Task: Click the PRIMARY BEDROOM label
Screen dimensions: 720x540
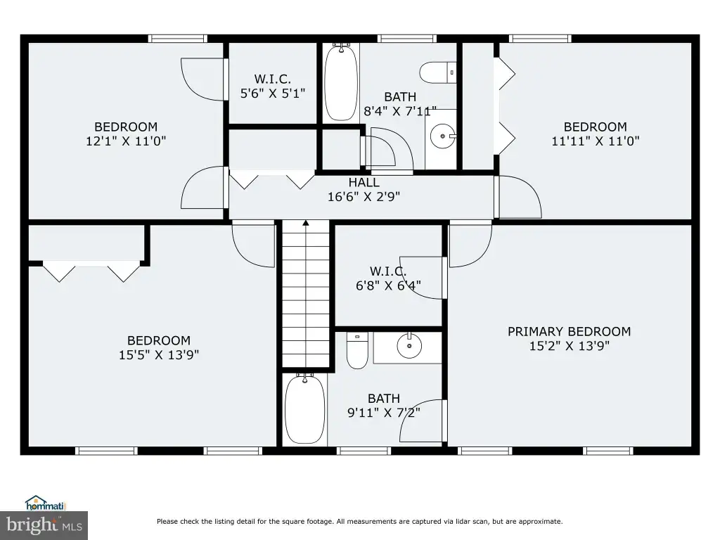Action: tap(569, 332)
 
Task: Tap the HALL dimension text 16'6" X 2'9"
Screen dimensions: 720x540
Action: tap(364, 197)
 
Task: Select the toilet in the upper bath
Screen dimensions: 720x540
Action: tap(438, 73)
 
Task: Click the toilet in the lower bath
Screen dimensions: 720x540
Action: tap(357, 351)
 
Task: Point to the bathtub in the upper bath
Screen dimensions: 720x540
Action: tap(341, 83)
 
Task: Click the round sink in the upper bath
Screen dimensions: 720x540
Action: tap(443, 136)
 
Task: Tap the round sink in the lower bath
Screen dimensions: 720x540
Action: tap(409, 346)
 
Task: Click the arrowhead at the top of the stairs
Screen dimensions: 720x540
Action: tap(306, 224)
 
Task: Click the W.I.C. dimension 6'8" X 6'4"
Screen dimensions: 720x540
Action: tap(388, 285)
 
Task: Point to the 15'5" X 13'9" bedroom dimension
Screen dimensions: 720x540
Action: tap(159, 355)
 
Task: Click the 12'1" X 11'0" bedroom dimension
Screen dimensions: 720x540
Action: tap(126, 141)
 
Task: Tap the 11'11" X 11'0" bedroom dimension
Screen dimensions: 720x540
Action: tap(595, 141)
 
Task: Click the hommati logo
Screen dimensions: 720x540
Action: tap(46, 503)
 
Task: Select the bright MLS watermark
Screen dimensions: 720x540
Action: tap(44, 525)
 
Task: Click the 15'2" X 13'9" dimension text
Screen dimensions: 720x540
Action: tap(570, 346)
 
